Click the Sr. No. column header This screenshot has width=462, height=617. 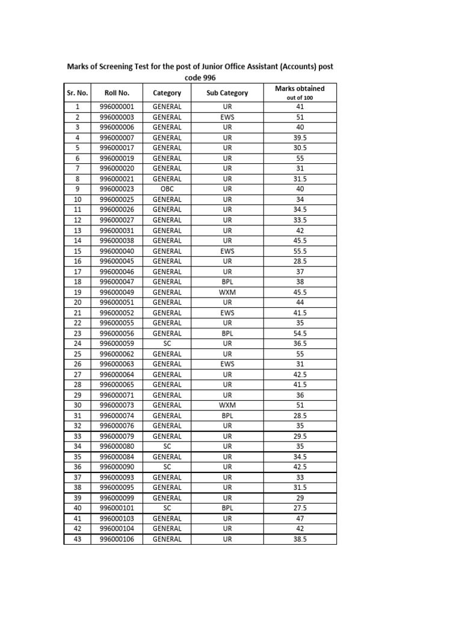click(x=77, y=93)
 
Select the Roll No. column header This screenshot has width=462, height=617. click(x=117, y=93)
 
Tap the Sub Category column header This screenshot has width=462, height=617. click(x=227, y=93)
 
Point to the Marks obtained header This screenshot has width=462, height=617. click(x=300, y=89)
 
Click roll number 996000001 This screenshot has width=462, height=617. click(x=117, y=107)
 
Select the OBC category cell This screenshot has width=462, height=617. click(x=167, y=189)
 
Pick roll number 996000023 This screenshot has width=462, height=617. click(x=117, y=189)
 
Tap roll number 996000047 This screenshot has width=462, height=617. click(x=117, y=282)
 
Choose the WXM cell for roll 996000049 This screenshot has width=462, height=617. click(x=227, y=292)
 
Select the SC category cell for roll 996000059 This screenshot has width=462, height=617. click(x=167, y=343)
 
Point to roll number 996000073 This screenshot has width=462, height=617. click(x=117, y=406)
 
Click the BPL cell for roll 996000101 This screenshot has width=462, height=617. click(x=227, y=508)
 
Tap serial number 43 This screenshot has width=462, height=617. click(x=77, y=539)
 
